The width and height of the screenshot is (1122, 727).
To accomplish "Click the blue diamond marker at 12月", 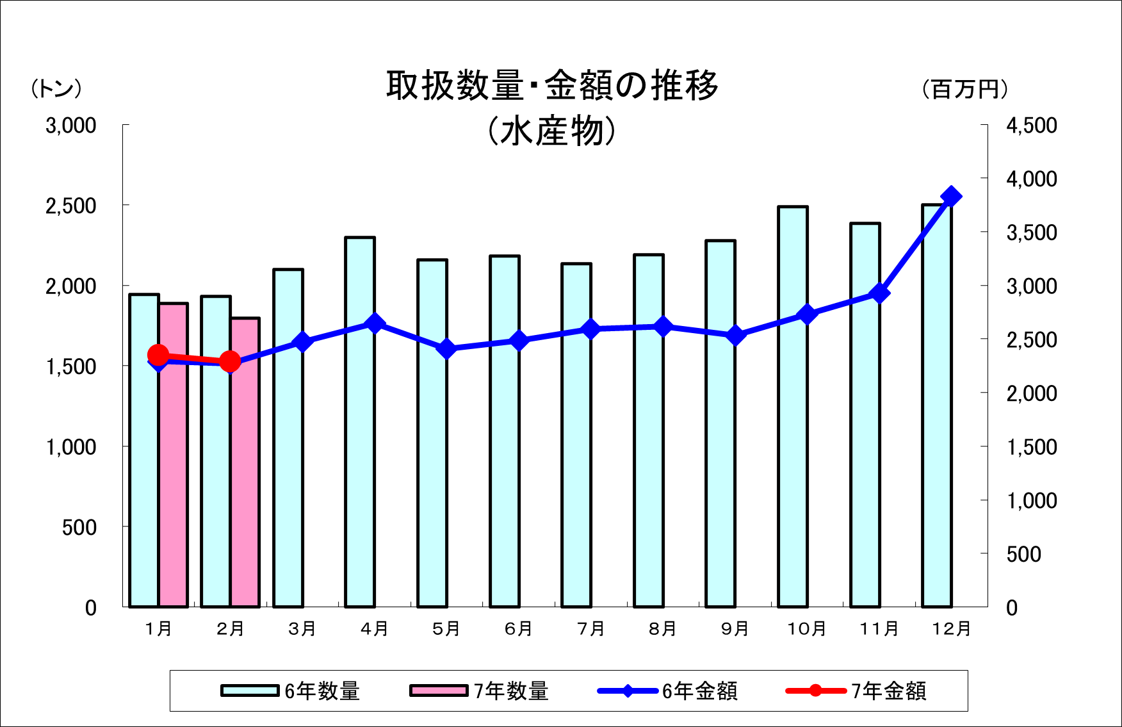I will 951,197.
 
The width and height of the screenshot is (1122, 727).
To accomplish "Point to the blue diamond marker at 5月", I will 447,349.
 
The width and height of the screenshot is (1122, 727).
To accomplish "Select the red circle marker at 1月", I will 158,355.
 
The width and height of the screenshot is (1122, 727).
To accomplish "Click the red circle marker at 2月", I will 230,362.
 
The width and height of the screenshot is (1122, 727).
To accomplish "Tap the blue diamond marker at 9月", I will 736,336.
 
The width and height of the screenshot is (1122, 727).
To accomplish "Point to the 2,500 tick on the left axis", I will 71,206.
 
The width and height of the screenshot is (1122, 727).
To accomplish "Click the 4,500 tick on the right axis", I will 1031,126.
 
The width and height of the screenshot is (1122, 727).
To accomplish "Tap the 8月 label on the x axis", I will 663,629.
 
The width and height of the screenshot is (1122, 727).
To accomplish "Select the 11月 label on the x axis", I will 879,629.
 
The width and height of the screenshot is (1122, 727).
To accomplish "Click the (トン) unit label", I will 56,88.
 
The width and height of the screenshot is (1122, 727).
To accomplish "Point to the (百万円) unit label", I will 965,89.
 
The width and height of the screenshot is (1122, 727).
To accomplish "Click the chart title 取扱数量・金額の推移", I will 552,86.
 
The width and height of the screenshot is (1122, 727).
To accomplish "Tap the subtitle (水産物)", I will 552,132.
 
